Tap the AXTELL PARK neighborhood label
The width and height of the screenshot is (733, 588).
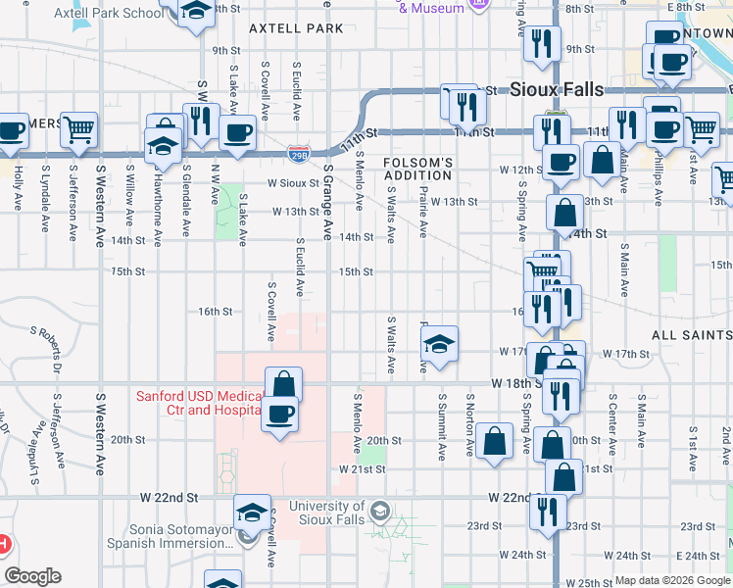point(296,28)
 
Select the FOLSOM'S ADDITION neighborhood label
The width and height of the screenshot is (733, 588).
point(417,169)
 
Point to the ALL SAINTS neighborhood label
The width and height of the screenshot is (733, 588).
point(691,335)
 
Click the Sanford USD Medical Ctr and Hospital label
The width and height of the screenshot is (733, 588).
point(199,403)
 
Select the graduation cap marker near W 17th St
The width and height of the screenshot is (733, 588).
point(440,343)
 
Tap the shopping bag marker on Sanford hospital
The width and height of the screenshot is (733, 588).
point(282,383)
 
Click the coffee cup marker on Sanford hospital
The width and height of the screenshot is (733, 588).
point(280,414)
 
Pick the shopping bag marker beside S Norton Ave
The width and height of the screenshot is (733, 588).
point(497,440)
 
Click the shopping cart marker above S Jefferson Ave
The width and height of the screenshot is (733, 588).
point(79,129)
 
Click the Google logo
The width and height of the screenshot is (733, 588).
point(32,576)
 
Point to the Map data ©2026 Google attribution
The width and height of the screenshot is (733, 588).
point(671,580)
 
